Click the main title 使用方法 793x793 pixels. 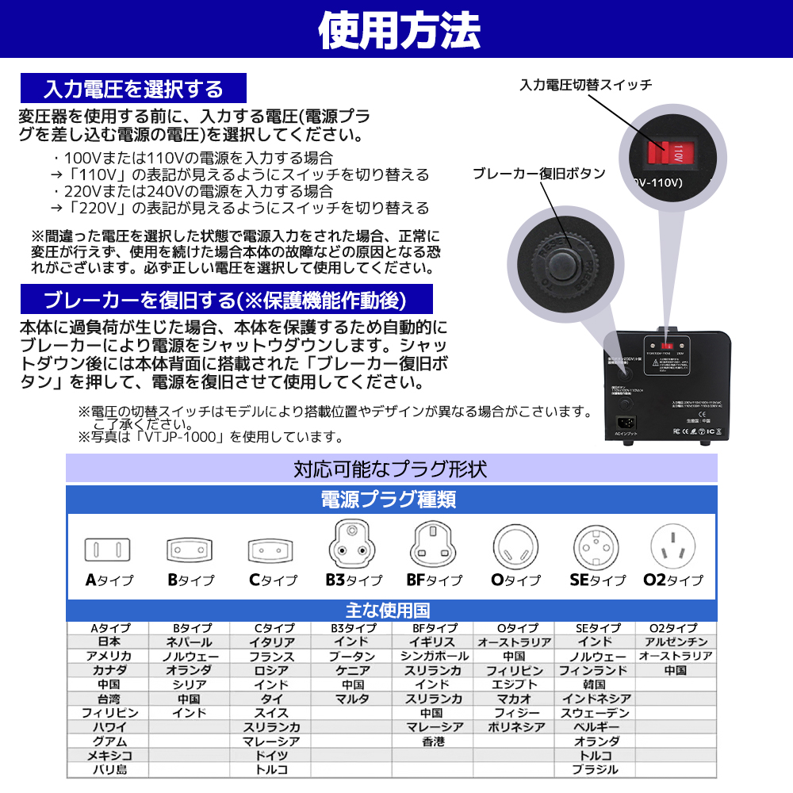pos(399,29)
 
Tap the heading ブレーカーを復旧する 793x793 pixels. pos(225,300)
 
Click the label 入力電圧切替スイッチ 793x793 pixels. pos(586,85)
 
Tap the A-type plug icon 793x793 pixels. pos(107,549)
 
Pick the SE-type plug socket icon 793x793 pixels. pos(596,546)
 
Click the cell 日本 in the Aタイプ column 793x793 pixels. pos(109,642)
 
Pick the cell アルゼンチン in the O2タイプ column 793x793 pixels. pos(676,642)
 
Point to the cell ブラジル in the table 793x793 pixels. pos(595,769)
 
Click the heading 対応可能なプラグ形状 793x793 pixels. pos(390,469)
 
